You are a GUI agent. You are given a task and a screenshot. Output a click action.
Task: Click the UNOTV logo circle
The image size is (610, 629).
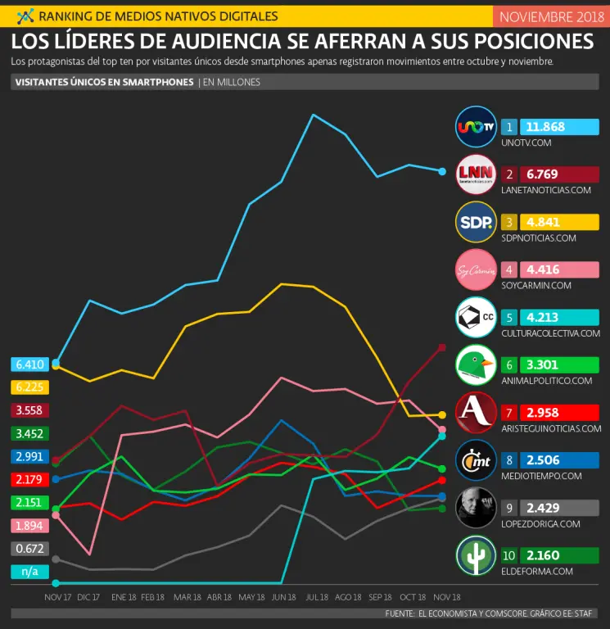click(476, 127)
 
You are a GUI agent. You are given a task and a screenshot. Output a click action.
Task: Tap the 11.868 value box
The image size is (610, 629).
click(559, 127)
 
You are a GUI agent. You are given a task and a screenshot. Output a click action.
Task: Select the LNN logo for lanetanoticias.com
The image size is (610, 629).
click(476, 174)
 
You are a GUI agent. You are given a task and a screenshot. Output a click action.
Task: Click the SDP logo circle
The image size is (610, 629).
click(476, 222)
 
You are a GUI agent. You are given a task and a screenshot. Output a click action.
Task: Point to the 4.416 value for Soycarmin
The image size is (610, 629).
click(559, 269)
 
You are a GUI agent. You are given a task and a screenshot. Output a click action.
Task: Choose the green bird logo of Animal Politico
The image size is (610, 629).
click(476, 364)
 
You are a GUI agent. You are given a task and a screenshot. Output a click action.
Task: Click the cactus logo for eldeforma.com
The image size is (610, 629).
click(476, 554)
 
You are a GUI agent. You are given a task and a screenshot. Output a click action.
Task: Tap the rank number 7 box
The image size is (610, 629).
click(509, 412)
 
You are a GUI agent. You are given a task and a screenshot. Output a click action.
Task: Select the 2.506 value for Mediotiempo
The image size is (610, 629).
click(559, 459)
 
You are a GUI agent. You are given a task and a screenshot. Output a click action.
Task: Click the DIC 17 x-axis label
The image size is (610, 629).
click(89, 597)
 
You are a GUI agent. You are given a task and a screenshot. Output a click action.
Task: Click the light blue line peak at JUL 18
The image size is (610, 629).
click(313, 115)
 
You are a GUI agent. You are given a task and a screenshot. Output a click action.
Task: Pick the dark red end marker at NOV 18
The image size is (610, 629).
click(442, 348)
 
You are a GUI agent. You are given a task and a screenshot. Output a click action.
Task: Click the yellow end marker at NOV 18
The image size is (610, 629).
click(442, 415)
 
